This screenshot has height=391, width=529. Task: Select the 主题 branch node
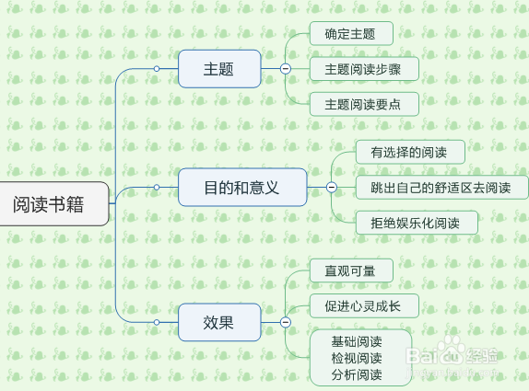click(218, 69)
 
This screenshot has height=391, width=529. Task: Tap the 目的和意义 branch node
click(241, 187)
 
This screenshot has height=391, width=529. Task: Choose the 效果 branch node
click(218, 322)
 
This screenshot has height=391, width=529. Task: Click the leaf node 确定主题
click(350, 34)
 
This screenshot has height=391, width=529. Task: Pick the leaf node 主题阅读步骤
click(363, 69)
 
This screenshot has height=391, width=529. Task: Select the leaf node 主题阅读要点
click(363, 103)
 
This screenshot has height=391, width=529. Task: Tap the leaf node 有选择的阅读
click(409, 152)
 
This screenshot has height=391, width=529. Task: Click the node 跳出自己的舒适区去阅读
click(442, 187)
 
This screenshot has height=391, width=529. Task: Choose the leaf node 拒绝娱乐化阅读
click(417, 222)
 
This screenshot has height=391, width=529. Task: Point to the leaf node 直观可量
click(350, 270)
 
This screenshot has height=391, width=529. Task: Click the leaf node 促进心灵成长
click(363, 305)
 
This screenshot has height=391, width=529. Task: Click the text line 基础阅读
click(357, 341)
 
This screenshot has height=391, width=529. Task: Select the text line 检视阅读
click(357, 358)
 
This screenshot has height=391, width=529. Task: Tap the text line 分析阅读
click(357, 374)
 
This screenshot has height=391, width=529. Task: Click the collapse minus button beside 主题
click(285, 69)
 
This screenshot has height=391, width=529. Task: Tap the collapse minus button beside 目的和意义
click(330, 187)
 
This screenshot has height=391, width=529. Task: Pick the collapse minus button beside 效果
click(285, 322)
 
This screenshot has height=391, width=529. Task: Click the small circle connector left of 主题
click(157, 69)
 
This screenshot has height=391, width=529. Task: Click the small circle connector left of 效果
click(157, 322)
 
